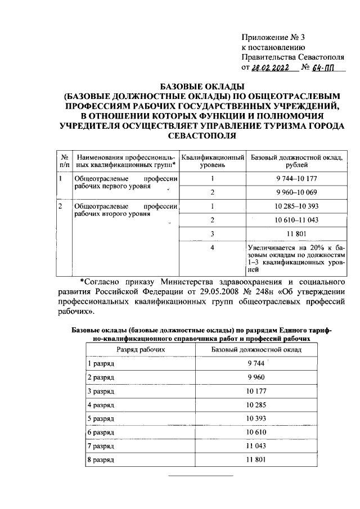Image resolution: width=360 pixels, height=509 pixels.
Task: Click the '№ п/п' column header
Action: (65, 161)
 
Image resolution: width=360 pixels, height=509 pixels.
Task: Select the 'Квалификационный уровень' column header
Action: (213, 161)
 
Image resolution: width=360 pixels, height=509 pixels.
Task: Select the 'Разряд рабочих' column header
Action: (141, 349)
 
